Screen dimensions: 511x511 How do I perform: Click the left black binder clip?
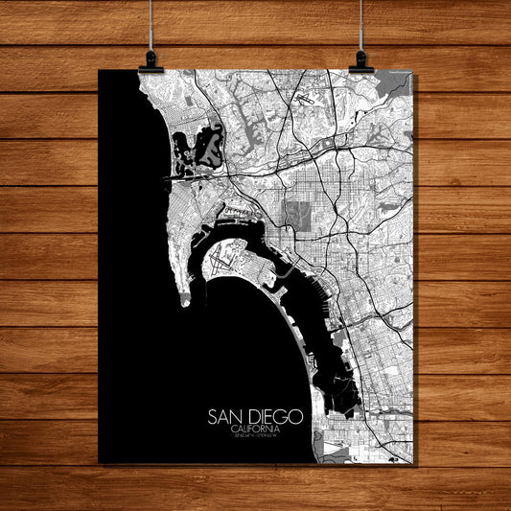(x=151, y=62)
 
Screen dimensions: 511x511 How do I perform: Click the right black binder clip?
(x=360, y=62)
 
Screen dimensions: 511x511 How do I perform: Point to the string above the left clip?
(x=151, y=24)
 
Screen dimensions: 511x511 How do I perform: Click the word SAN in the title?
(x=225, y=417)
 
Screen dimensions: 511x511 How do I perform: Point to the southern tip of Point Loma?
(x=185, y=300)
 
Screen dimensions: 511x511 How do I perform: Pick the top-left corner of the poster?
(x=100, y=71)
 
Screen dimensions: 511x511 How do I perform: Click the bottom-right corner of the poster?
(x=412, y=463)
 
